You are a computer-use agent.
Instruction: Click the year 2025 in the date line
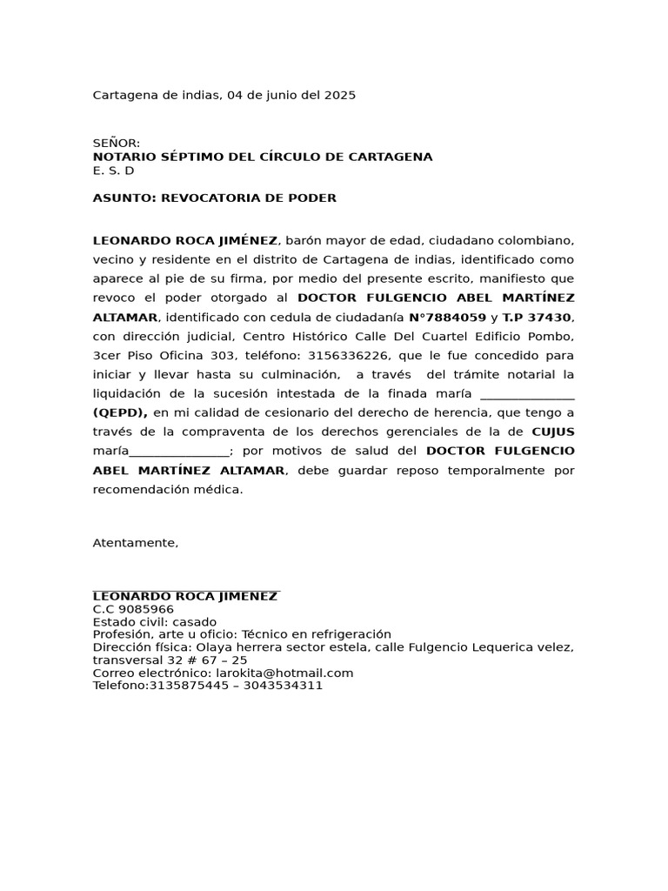(340, 96)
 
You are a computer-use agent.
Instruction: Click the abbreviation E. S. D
(113, 171)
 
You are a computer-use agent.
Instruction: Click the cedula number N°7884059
(447, 318)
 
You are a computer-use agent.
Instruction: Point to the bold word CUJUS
(552, 432)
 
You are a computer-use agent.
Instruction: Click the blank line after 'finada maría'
(527, 394)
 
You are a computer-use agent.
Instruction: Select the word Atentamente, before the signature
(136, 543)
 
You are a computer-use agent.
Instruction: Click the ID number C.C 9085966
(133, 609)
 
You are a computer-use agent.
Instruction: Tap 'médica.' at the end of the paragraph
(220, 490)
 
